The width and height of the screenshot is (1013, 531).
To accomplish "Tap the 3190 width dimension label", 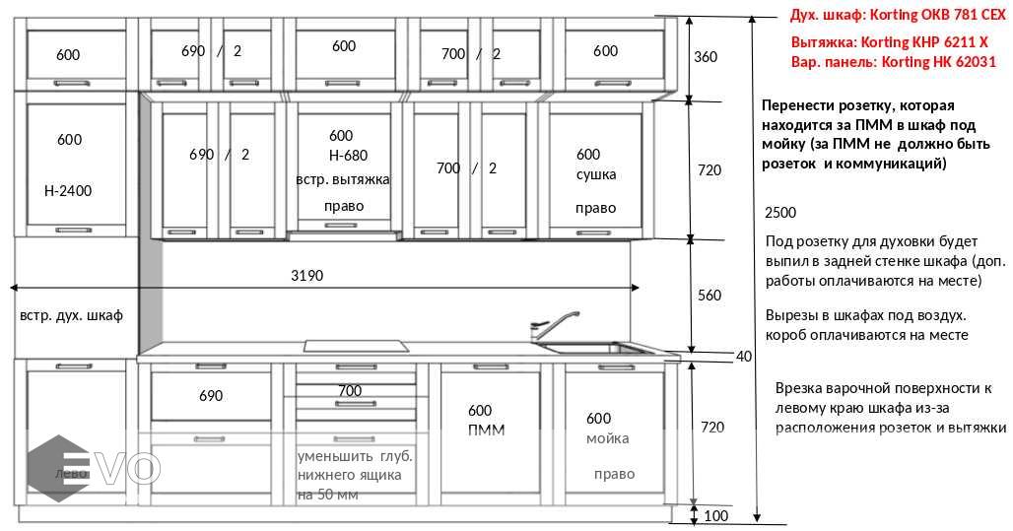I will coord(306,276).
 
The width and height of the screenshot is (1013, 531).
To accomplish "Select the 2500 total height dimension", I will coord(779,213).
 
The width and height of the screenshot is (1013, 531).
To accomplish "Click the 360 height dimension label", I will coord(706,56).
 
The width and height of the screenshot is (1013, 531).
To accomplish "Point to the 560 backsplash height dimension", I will coord(709,295).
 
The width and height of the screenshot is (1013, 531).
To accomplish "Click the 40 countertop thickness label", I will coord(744,356).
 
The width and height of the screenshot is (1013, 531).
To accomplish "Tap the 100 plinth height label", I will coord(716,515).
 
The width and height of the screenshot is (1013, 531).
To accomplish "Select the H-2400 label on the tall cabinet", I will coord(68,190).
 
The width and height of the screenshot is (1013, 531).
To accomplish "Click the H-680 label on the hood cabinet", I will coord(348,155).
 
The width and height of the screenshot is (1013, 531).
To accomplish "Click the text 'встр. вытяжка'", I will coord(343,179).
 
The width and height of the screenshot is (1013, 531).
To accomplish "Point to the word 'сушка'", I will coord(596,174).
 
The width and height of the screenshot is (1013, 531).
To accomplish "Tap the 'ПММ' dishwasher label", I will coord(486,430).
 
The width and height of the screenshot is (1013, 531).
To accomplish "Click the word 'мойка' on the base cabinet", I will coord(607,437).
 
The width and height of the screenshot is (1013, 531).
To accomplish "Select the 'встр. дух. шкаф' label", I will coord(71,315).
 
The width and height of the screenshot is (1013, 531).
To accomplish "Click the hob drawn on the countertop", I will coord(357,346).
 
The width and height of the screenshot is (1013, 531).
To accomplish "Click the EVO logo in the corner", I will coord(94,465).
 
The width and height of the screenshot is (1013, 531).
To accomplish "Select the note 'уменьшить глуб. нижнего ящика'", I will coord(355,466).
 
